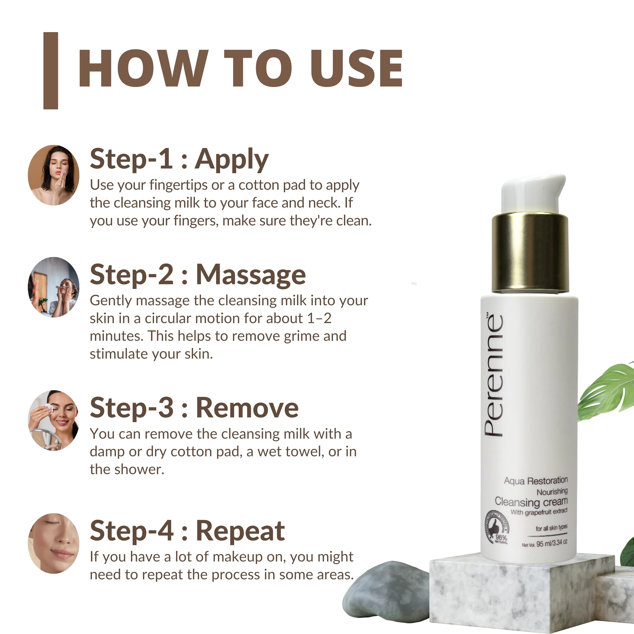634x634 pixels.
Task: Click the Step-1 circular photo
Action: [54, 175]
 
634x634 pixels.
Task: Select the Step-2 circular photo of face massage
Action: [54, 287]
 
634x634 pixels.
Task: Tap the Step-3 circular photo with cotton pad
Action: [54, 420]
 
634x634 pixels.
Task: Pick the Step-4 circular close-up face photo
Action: [54, 543]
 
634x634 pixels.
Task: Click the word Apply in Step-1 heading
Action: [232, 160]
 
